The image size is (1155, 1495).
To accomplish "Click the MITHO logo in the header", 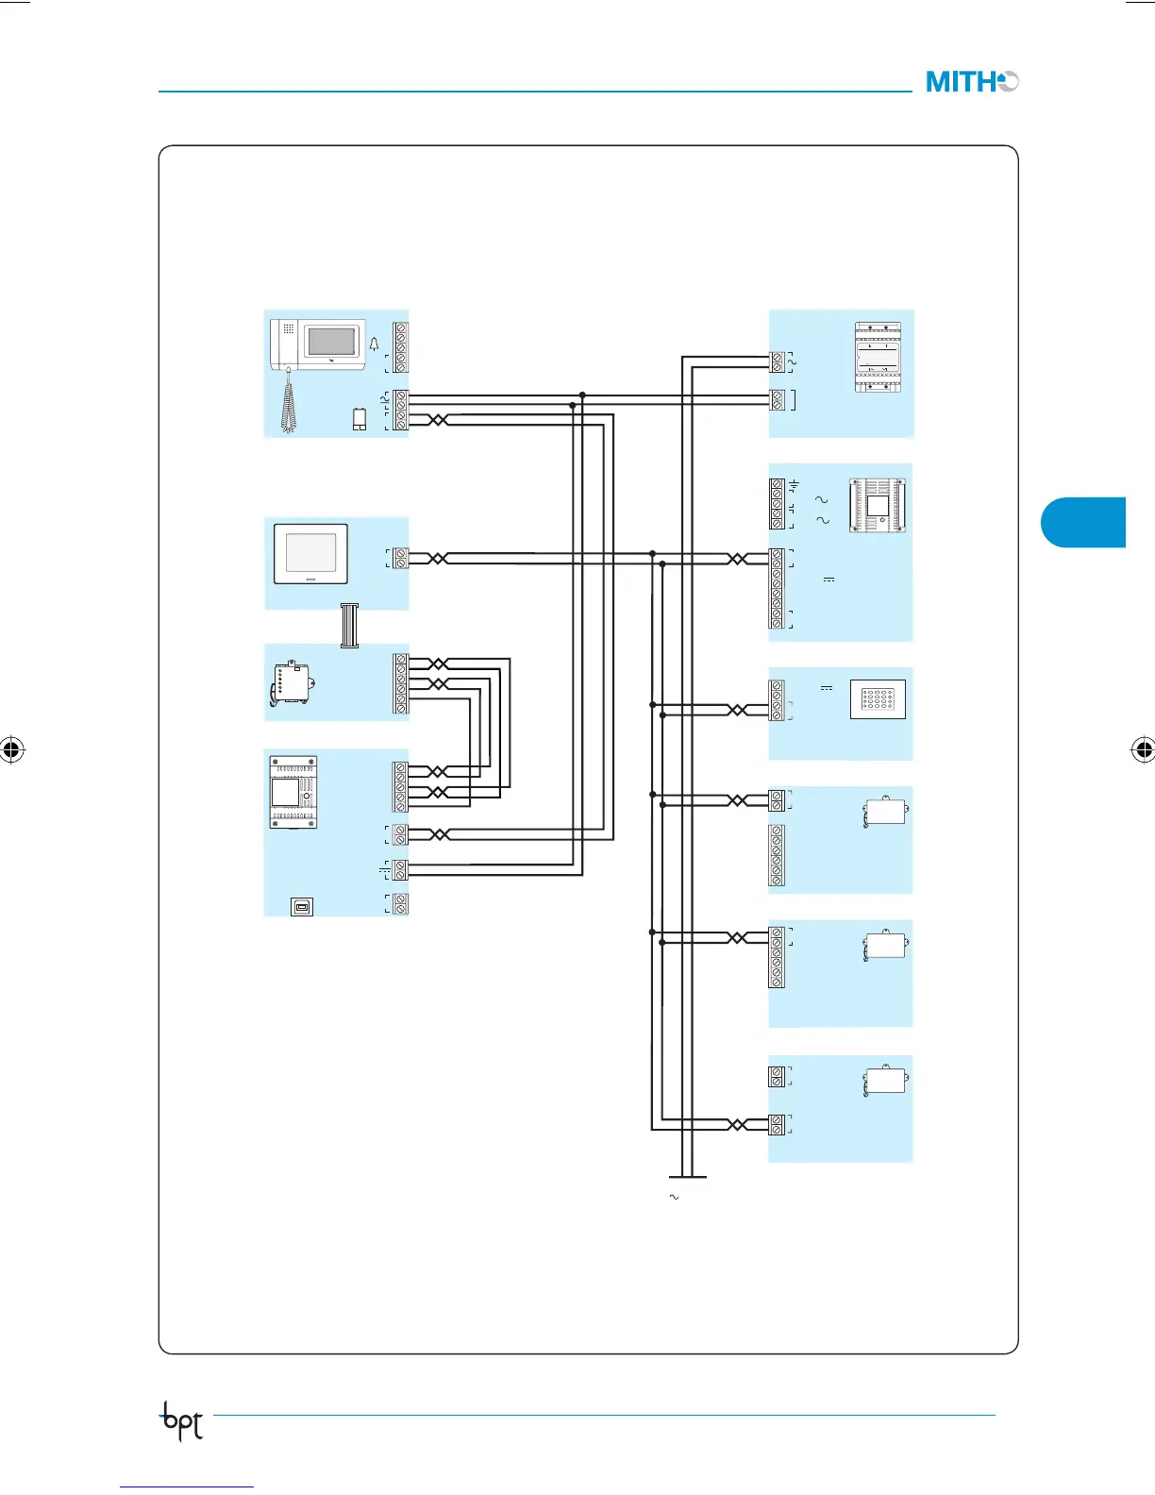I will (x=972, y=82).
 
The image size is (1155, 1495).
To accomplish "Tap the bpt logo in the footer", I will (x=182, y=1419).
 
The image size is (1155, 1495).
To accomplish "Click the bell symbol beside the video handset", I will (x=374, y=344).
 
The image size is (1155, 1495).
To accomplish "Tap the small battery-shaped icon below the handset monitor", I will (x=360, y=419).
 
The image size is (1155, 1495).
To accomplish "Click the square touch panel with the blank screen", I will (x=310, y=554).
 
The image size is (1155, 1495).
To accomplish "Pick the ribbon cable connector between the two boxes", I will (x=350, y=626).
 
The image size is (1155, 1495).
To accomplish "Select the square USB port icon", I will (x=301, y=907).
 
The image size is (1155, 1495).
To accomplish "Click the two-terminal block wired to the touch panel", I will (x=401, y=558).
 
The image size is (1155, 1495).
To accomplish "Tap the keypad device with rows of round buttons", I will (x=878, y=699).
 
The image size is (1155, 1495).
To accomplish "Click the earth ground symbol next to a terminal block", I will (x=795, y=484).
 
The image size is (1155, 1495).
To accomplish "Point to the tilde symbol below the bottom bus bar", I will (x=674, y=1197).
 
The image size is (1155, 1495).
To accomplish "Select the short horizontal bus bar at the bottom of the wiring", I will (x=687, y=1177).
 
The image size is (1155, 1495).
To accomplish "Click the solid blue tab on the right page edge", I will (x=1084, y=522).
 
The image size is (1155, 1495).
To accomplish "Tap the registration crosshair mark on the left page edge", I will (x=11, y=751).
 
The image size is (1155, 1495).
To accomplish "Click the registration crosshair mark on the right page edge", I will (x=1143, y=751).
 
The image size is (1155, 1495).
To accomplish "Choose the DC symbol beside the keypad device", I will (x=827, y=688).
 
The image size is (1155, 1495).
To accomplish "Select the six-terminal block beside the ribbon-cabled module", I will (x=401, y=683).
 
